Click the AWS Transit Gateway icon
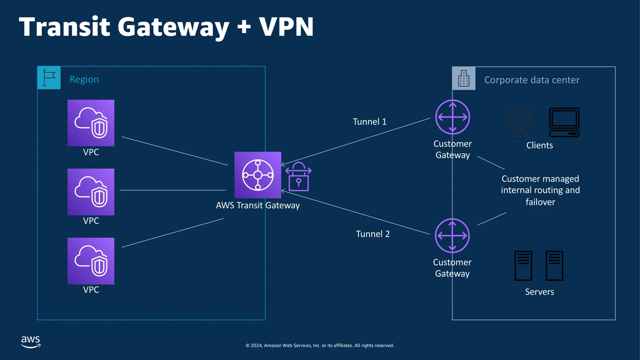pos(258,175)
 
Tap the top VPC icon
pos(91,123)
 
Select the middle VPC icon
pos(91,192)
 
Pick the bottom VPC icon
pos(91,261)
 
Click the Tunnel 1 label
pos(369,122)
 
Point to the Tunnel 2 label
pos(373,234)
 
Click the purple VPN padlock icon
pos(298,177)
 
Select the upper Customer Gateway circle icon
pos(452,117)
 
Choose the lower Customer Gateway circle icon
pos(452,236)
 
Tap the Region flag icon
pos(49,78)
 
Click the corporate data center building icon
pos(464,78)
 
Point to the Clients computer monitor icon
pos(564,122)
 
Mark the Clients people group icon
pos(519,122)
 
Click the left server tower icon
pos(523,266)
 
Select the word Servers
pos(539,292)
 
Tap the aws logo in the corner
pos(31,342)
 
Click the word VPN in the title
pos(286,27)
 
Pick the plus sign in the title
pos(244,27)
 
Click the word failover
pos(540,202)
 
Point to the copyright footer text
pos(320,345)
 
